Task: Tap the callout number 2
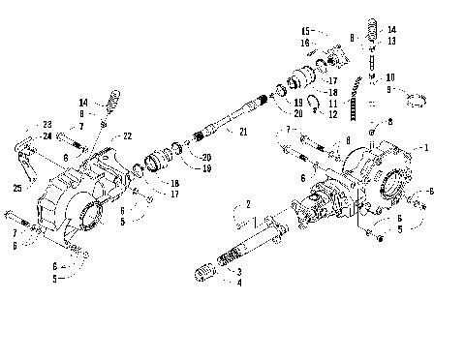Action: click(248, 204)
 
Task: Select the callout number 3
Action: click(238, 273)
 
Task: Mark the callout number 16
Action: click(304, 44)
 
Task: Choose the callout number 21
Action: click(243, 131)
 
